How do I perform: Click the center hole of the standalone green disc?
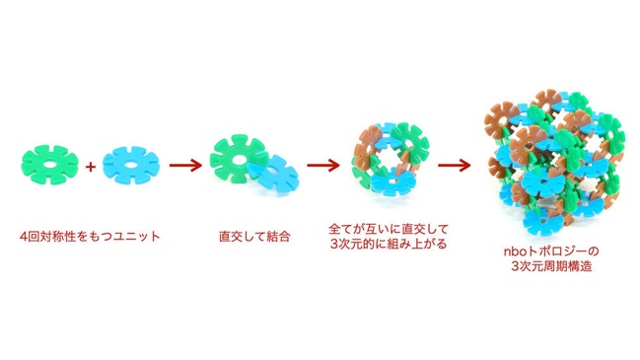point(49,166)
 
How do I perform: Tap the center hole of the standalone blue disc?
point(130,166)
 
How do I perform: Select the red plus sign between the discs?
point(91,166)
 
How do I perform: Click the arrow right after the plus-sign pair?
point(185,166)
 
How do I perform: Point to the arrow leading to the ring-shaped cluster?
point(323,166)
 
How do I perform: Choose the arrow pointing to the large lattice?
point(455,166)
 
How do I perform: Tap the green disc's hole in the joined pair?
point(237,158)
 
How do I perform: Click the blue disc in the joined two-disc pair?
point(274,176)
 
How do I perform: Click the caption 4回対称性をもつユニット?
point(90,237)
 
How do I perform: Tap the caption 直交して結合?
point(254,237)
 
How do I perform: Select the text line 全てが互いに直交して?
point(389,229)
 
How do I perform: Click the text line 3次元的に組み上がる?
point(389,244)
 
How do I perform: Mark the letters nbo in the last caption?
point(515,252)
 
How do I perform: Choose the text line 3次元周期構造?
point(552,266)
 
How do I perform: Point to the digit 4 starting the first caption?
point(24,237)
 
